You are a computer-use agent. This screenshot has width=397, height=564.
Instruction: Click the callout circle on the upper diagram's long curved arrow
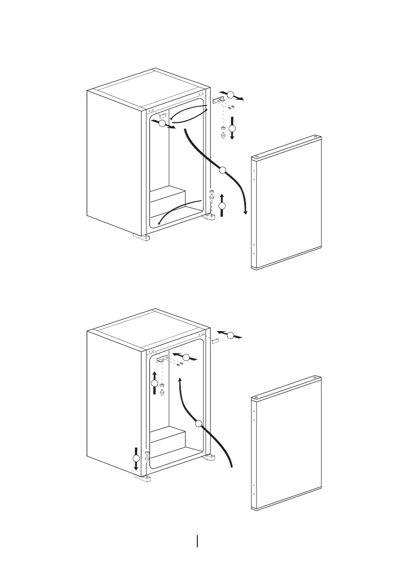pyautogui.click(x=223, y=170)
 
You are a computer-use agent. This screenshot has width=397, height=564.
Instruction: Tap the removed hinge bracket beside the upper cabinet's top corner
pyautogui.click(x=219, y=101)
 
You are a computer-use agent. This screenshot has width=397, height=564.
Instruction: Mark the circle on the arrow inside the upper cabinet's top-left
pyautogui.click(x=162, y=124)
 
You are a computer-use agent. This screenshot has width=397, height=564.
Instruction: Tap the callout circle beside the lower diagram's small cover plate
pyautogui.click(x=230, y=336)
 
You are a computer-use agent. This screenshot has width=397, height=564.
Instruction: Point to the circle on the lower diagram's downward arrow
pyautogui.click(x=136, y=458)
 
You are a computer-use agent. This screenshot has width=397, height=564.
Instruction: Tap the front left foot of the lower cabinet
pyautogui.click(x=141, y=479)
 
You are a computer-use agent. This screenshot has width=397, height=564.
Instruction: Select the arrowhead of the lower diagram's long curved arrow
pyautogui.click(x=180, y=380)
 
